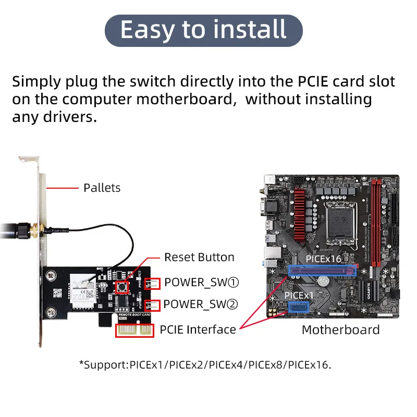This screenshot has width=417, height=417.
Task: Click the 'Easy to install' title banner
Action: point(203,30)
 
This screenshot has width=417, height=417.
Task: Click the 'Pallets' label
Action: point(102,188)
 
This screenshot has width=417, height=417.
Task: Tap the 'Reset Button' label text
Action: point(199,257)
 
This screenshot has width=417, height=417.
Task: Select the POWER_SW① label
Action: point(201,283)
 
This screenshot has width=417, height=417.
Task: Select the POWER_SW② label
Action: point(201,304)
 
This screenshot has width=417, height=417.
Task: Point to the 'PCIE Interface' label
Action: point(198,329)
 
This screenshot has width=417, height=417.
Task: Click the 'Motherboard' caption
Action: point(340,329)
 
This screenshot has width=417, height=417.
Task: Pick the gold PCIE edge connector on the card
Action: point(134,330)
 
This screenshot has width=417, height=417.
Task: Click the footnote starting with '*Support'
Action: point(205,364)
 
